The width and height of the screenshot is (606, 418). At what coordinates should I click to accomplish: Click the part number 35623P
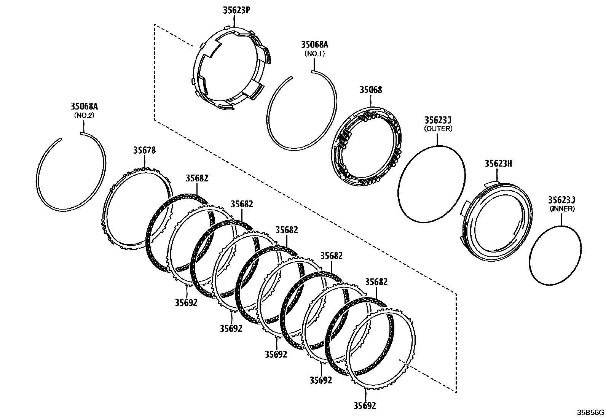click(236, 10)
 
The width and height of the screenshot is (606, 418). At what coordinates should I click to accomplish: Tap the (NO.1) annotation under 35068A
click(314, 54)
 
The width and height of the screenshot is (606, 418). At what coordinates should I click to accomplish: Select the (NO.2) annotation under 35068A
click(84, 116)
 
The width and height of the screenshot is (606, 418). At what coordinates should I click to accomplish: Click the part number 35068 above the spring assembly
click(371, 90)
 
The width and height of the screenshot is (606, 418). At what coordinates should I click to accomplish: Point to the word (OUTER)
click(438, 129)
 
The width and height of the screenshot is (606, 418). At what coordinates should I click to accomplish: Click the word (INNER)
click(562, 209)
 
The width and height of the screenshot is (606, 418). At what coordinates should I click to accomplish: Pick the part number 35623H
click(498, 164)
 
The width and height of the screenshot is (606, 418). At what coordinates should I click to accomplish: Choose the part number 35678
click(145, 150)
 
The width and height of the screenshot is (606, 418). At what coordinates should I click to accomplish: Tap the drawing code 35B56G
click(590, 413)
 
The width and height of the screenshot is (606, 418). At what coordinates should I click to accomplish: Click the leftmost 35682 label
click(197, 178)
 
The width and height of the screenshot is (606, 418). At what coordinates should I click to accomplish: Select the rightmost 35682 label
click(376, 282)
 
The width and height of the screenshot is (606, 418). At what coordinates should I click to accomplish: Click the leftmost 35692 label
click(186, 302)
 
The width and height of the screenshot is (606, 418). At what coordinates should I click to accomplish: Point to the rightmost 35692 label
click(365, 405)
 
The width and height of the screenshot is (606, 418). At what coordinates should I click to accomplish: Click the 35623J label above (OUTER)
click(438, 120)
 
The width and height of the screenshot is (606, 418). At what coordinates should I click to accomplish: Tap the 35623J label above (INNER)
click(561, 200)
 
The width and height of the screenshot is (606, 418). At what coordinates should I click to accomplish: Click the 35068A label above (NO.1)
click(314, 45)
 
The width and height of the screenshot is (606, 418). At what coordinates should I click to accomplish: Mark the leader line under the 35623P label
click(234, 21)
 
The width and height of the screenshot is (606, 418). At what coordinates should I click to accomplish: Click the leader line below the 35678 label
click(145, 161)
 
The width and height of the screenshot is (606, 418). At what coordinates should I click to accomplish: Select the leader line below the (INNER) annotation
click(561, 220)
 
